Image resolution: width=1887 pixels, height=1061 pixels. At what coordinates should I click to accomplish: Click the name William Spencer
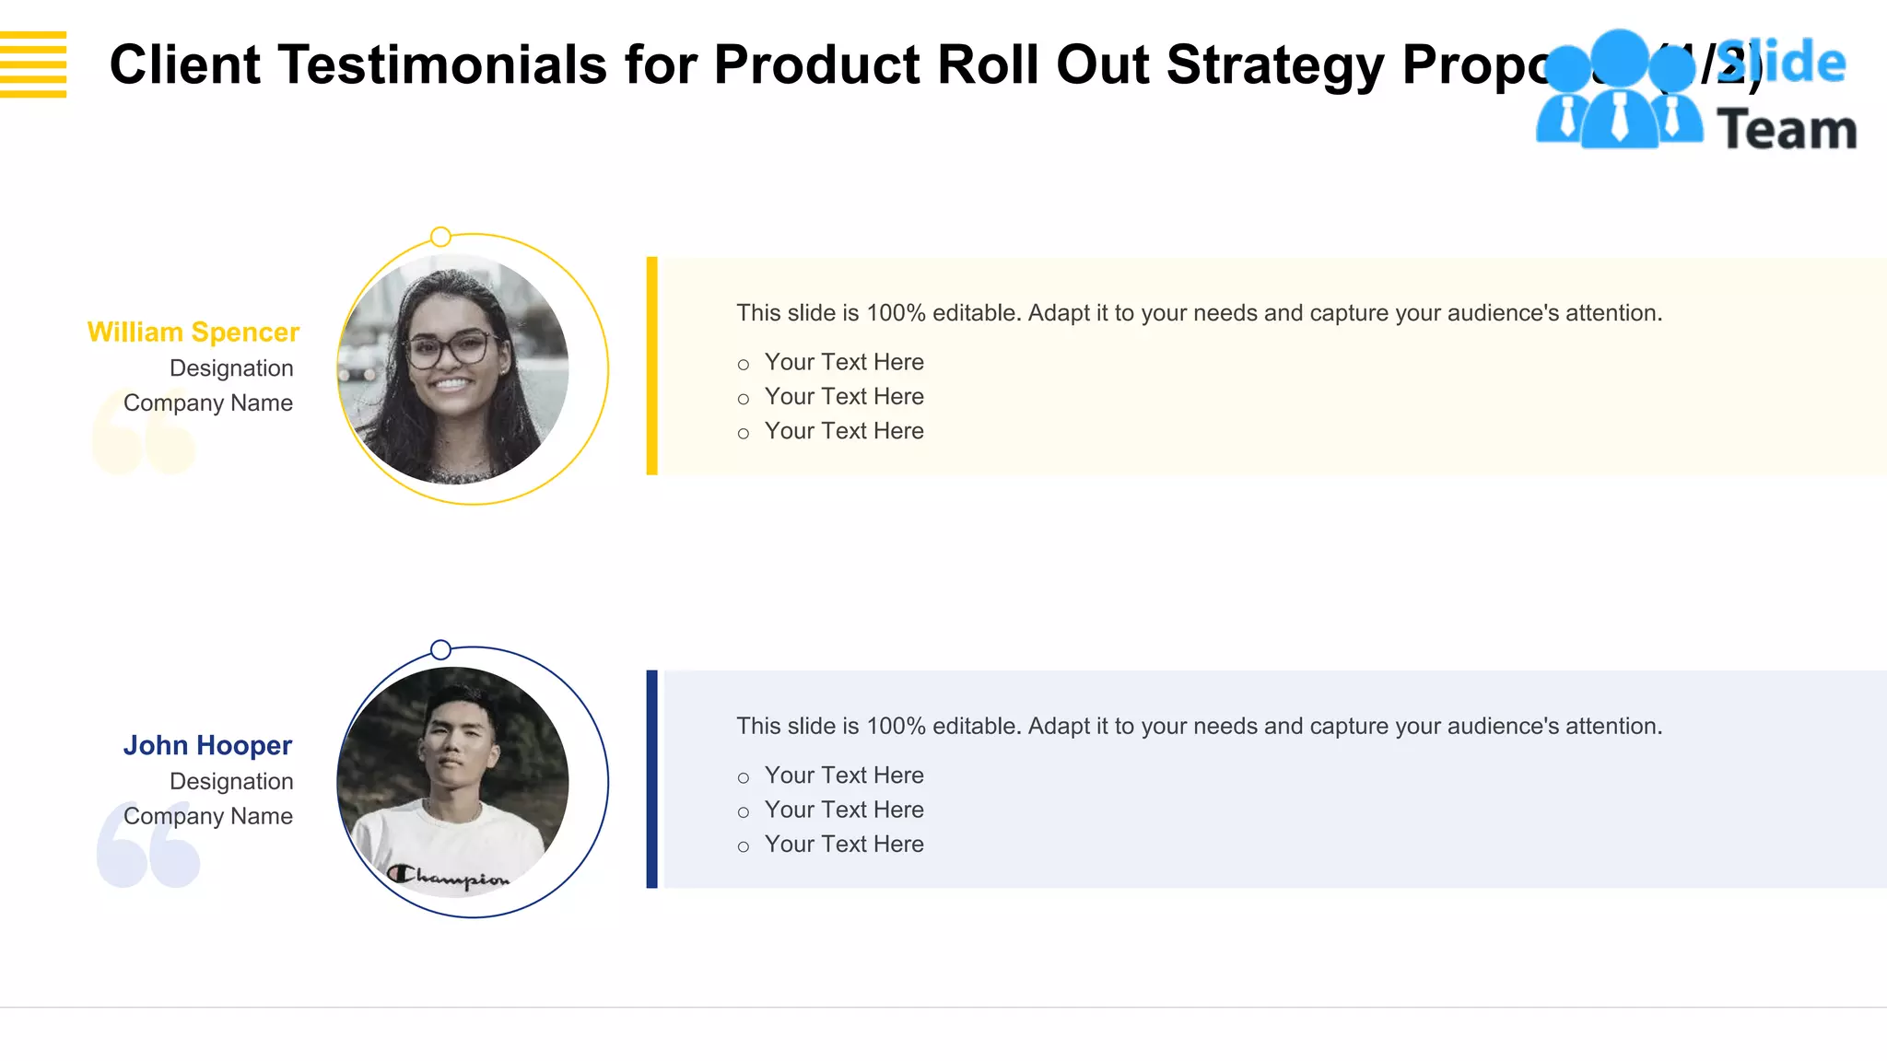coord(193,332)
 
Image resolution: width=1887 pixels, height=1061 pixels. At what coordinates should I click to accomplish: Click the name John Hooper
coord(207,745)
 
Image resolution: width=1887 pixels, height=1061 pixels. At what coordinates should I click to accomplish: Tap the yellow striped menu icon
coord(33,64)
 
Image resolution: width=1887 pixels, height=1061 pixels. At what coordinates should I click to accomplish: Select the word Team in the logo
coord(1787,129)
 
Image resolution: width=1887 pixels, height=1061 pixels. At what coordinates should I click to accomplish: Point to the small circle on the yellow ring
coord(441,237)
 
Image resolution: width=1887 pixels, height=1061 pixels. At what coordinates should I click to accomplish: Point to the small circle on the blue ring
coord(441,650)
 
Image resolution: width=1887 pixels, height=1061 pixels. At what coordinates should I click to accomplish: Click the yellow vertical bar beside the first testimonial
coord(652,367)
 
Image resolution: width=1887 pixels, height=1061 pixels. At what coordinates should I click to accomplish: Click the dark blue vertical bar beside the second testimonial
coord(652,779)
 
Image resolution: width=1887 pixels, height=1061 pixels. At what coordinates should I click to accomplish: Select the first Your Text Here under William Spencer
coord(843,362)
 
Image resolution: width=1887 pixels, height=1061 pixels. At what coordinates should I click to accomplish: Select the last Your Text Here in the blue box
coord(843,845)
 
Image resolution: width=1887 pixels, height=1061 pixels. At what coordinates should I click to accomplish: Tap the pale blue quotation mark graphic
coord(148,845)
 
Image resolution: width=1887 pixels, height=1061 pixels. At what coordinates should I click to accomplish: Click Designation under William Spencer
coord(231,368)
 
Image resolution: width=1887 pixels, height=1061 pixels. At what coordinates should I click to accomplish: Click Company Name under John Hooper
coord(208,817)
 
